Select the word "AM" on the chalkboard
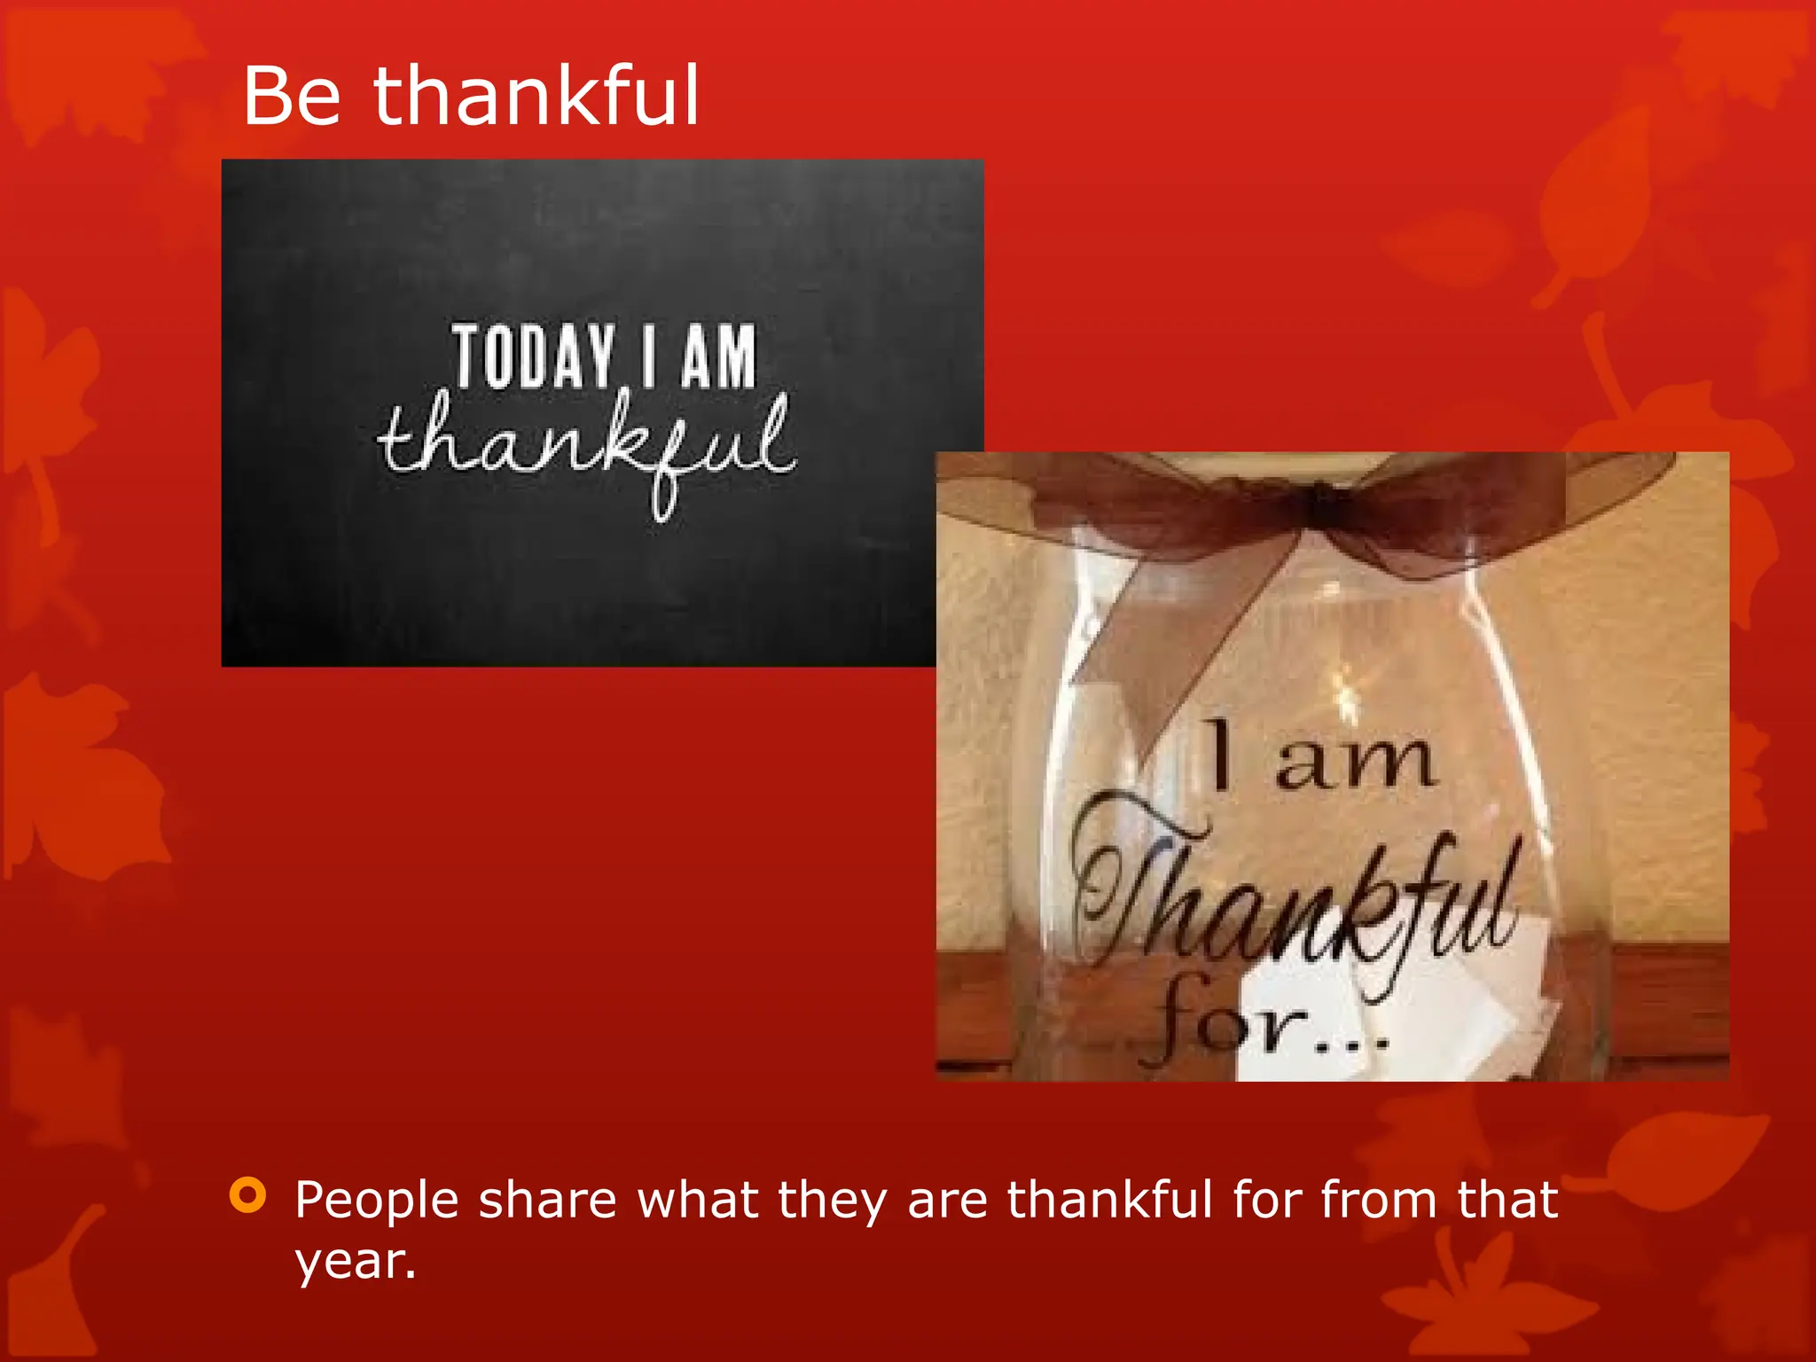(719, 356)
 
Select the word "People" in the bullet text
(377, 1201)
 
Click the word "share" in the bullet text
(547, 1201)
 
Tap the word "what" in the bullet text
(698, 1201)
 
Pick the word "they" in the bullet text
(832, 1202)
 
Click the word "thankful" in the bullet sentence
(1109, 1201)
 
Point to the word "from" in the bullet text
(1378, 1201)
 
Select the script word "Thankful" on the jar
(1295, 896)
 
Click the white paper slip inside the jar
(1383, 1020)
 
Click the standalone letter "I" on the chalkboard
(650, 356)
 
